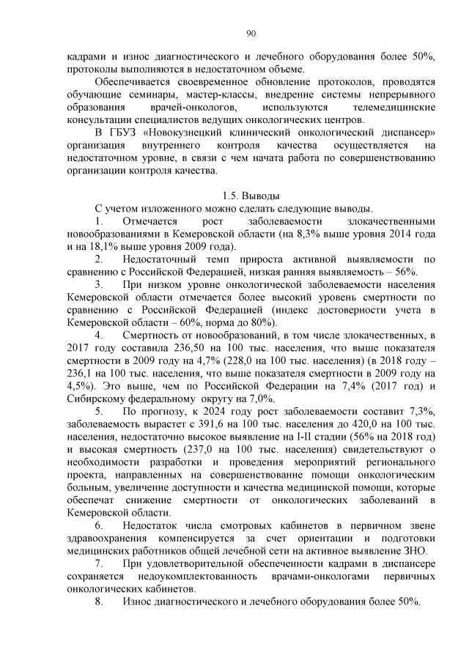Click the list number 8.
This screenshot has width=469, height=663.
coord(100,602)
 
